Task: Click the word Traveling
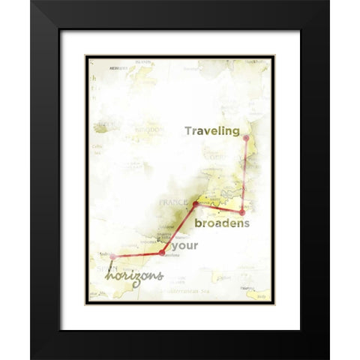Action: tap(212, 131)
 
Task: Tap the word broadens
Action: tap(222, 224)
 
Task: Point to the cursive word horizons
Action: tap(134, 276)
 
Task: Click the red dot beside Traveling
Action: tap(246, 138)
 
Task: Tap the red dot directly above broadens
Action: tap(241, 212)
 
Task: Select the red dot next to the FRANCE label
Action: tap(196, 203)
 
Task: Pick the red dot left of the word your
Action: tap(162, 253)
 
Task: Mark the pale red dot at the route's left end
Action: tap(112, 256)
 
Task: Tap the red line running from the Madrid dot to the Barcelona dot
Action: tap(138, 255)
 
